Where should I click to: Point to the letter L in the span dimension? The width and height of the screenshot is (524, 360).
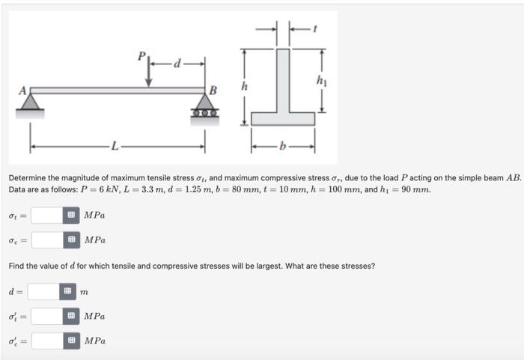[x=114, y=144]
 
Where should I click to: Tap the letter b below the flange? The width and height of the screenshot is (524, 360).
[x=283, y=144]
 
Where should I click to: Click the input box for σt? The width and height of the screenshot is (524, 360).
[x=46, y=216]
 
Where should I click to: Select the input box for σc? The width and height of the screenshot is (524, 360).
[x=46, y=240]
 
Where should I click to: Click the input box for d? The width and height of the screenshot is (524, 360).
[x=43, y=291]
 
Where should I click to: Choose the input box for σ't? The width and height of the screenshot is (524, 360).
[x=46, y=316]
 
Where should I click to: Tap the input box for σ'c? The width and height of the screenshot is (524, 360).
[x=46, y=341]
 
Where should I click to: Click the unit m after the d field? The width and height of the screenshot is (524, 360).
[x=85, y=292]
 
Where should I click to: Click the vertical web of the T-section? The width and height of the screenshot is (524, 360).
[x=282, y=81]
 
